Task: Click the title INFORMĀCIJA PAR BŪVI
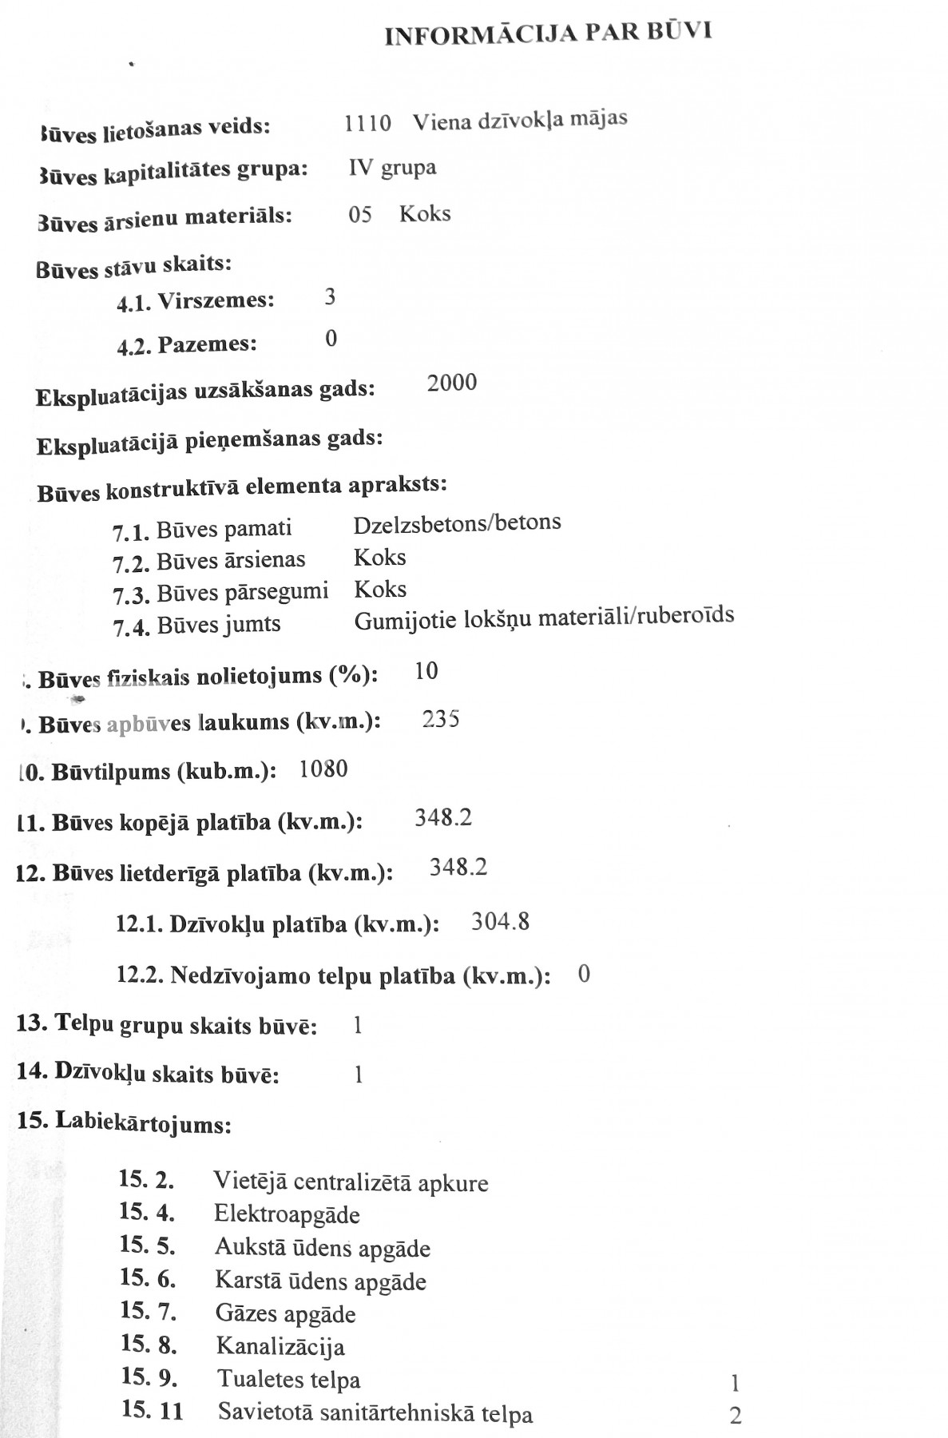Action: pos(548,33)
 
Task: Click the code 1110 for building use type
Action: pos(367,123)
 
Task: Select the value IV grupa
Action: pos(392,168)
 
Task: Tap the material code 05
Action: pos(360,215)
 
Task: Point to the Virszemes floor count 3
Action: pos(330,298)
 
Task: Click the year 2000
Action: pos(452,383)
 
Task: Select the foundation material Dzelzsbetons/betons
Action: pos(457,523)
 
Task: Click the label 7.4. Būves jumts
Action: pos(196,625)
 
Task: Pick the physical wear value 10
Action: pos(426,671)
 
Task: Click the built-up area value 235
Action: pos(441,719)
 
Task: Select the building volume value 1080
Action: pos(323,769)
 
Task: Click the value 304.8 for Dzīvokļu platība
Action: pos(501,923)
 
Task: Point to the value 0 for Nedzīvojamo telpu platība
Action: pos(584,975)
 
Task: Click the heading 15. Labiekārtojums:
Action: pos(125,1123)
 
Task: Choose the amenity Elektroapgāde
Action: pos(288,1215)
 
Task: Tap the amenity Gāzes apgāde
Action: pos(286,1313)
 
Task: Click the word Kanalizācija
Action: pos(280,1346)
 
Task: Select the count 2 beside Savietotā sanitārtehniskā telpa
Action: pos(736,1416)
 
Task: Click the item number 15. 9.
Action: pos(149,1377)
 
